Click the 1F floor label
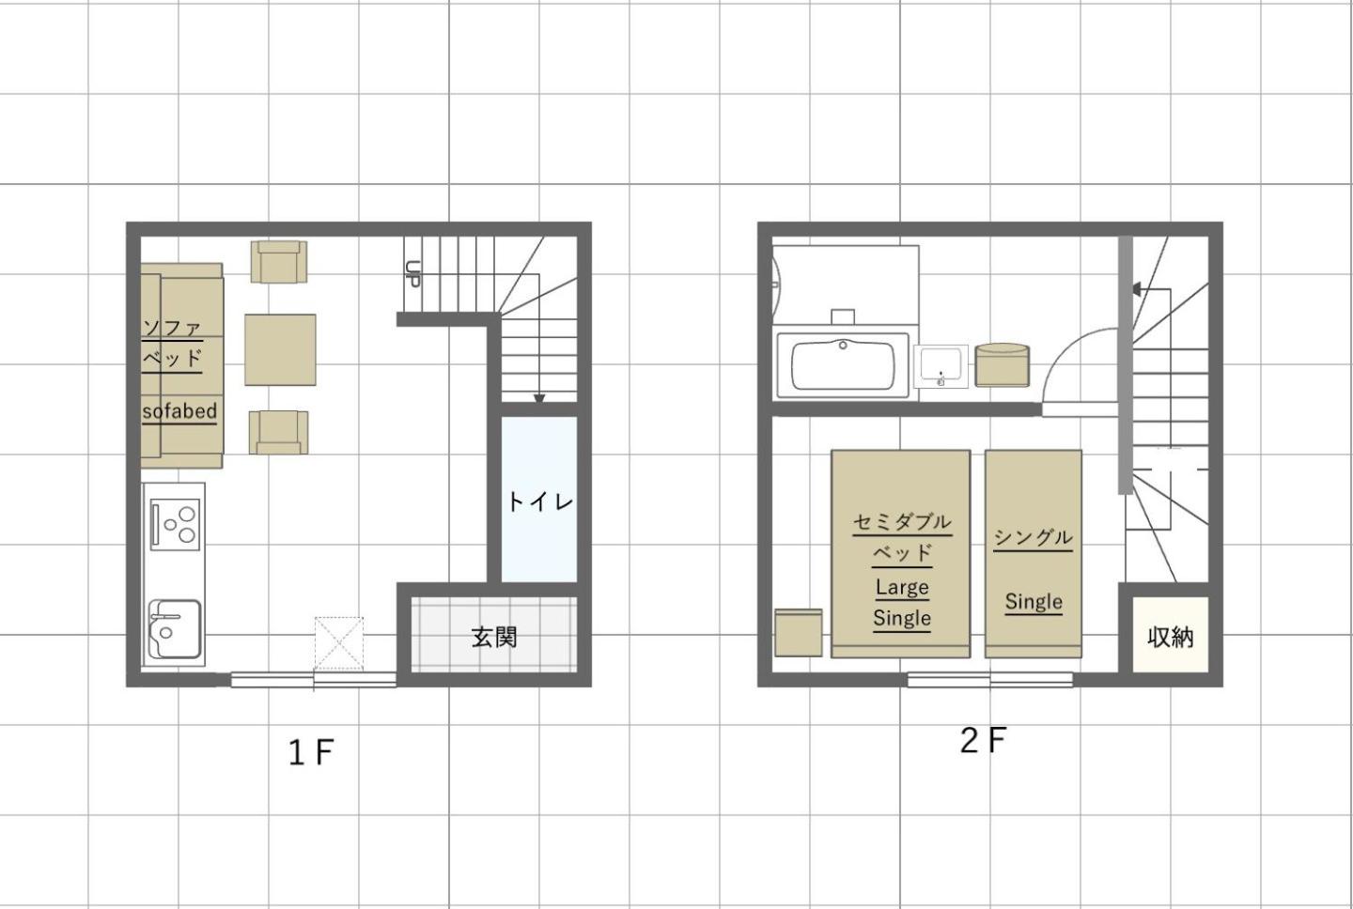(x=311, y=752)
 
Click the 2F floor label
(x=983, y=740)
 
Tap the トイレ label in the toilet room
(x=539, y=501)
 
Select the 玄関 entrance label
(x=494, y=638)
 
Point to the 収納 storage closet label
(x=1170, y=638)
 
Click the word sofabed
(x=179, y=411)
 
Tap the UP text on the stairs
(x=413, y=273)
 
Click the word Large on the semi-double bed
(x=902, y=587)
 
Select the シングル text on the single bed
(x=1033, y=537)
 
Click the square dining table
(x=280, y=349)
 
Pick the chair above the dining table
(x=279, y=261)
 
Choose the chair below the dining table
(x=278, y=432)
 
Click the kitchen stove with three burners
(x=175, y=524)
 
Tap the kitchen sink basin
(x=175, y=628)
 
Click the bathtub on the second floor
(x=843, y=365)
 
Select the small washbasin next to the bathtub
(x=941, y=366)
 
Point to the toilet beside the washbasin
(x=1002, y=365)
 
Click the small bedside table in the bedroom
(x=799, y=633)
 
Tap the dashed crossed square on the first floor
(x=339, y=643)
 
